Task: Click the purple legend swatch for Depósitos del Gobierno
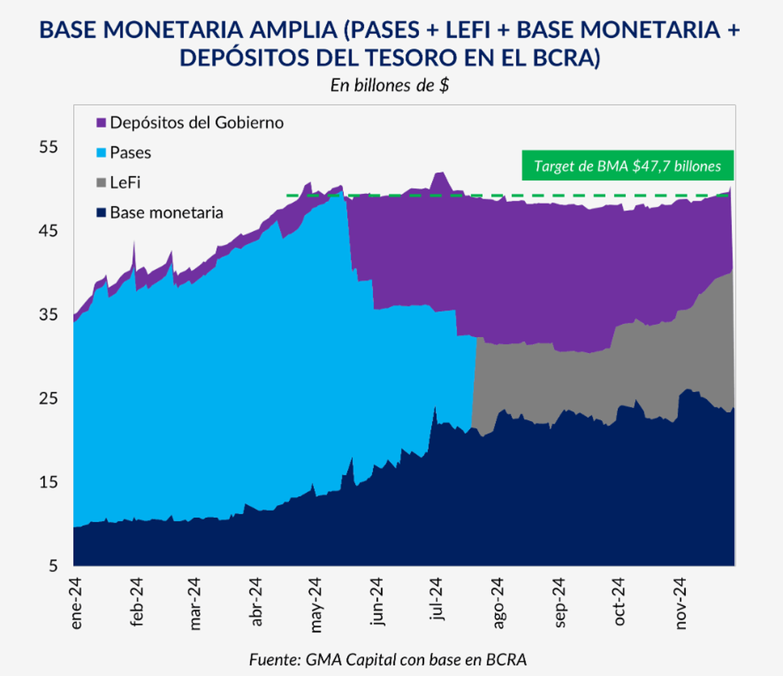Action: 101,123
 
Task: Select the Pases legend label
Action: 130,153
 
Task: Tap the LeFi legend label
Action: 125,183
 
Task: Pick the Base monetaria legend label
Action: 166,213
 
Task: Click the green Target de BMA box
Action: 627,166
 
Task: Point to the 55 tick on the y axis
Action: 48,147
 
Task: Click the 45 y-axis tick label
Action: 48,231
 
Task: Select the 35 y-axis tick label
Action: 48,315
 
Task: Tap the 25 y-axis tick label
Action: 48,398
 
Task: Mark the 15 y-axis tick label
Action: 48,482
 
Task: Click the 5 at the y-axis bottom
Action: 53,566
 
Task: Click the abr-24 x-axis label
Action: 256,602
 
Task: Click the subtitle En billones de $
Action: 390,86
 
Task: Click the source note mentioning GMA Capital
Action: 388,659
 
